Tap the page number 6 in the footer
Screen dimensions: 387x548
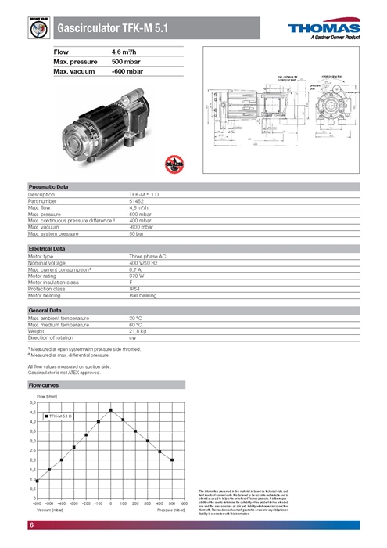(31, 524)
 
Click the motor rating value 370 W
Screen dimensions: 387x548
(138, 276)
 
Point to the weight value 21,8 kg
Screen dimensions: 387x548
(138, 330)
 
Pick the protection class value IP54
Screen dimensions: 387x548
(136, 289)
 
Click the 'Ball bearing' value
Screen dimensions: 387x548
(142, 295)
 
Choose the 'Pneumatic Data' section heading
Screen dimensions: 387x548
(48, 187)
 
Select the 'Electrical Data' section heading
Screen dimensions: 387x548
(47, 248)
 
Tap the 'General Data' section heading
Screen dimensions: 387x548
(45, 310)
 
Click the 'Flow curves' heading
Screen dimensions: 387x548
(43, 386)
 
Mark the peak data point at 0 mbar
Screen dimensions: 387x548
(111, 409)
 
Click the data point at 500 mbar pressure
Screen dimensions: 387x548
(172, 460)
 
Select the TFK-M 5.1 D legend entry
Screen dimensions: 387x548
(58, 416)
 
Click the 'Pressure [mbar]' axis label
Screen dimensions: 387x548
(171, 510)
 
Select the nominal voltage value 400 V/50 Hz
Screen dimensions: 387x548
(145, 262)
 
